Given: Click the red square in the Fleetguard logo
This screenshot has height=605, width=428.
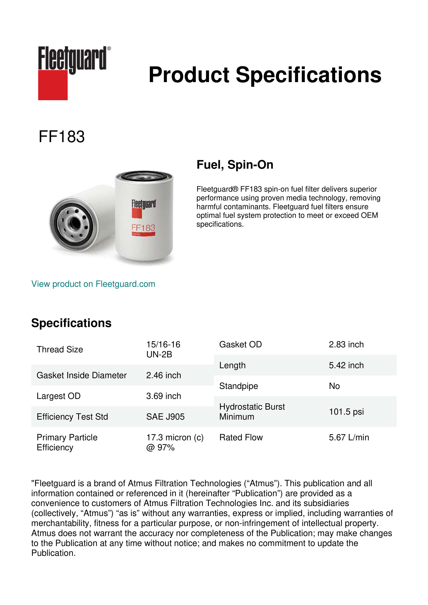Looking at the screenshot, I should (53, 85).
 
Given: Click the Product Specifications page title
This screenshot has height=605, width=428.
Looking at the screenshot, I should (265, 75).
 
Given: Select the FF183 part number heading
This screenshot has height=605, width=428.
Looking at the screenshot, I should (62, 137).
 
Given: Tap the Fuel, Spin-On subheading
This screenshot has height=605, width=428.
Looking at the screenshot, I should (235, 165).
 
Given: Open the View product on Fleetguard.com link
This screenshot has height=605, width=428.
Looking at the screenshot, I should (93, 284).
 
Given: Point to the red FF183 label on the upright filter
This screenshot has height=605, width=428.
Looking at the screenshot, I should (143, 228).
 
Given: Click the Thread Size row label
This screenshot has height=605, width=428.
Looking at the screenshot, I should (60, 349).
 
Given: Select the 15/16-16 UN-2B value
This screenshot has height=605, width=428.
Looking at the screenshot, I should (163, 349).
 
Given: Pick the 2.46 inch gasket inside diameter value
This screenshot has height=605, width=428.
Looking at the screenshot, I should (164, 375).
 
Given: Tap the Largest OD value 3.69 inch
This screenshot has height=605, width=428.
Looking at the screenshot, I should (164, 396).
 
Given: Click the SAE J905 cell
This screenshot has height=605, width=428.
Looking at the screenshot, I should (165, 417).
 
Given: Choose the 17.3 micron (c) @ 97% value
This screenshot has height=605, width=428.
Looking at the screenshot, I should (175, 442).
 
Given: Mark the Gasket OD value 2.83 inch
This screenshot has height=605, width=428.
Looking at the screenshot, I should (346, 344).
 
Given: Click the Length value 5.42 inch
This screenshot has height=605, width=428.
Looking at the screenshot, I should (346, 365).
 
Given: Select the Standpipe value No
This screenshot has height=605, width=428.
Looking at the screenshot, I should (334, 386).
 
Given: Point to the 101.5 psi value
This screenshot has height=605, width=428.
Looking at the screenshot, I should (346, 412).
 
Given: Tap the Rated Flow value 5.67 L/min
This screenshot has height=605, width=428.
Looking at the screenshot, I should (349, 437).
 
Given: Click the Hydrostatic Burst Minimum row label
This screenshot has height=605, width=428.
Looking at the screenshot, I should (252, 412).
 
